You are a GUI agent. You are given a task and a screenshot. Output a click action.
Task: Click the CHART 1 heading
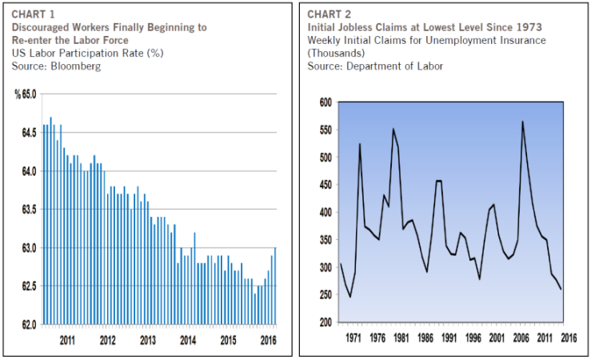[33, 14]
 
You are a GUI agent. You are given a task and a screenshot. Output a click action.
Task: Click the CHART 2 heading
[329, 14]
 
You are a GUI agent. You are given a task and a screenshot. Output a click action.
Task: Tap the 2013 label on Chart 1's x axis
[147, 340]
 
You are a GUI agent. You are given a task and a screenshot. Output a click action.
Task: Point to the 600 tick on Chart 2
[324, 102]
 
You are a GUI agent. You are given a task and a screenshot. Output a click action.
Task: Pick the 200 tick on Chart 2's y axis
[324, 323]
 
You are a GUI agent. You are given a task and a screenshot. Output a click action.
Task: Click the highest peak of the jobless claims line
[522, 122]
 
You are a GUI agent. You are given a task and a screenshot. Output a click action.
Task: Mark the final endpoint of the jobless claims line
[560, 289]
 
